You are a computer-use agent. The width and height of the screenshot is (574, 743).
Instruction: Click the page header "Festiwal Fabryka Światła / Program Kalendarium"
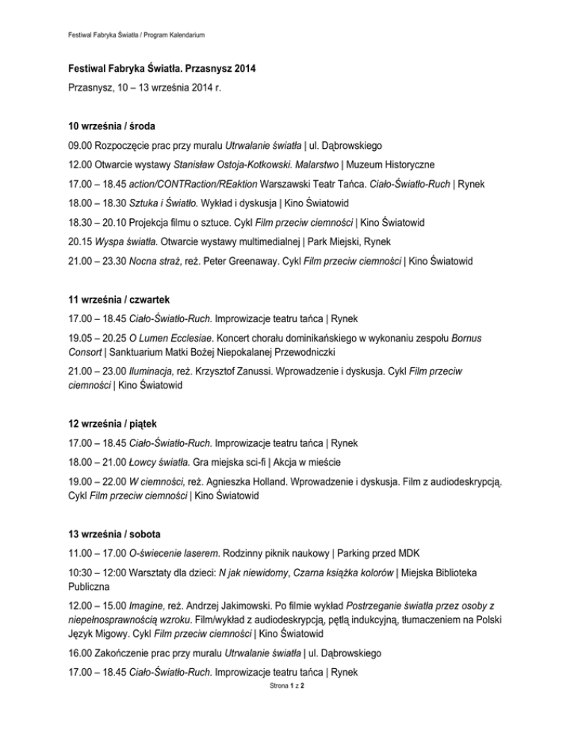[x=126, y=35]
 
